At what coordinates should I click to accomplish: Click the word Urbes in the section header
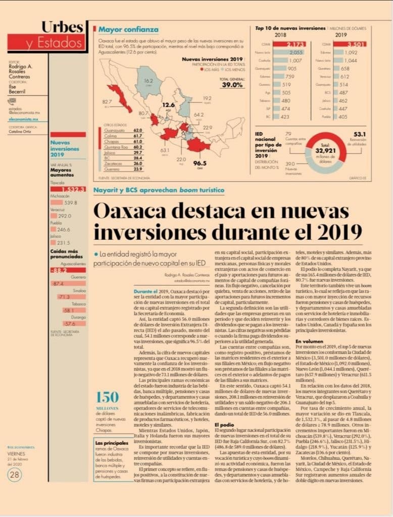tap(62, 27)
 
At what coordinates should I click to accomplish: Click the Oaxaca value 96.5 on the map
tap(200, 163)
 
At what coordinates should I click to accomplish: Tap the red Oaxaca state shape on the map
tap(198, 145)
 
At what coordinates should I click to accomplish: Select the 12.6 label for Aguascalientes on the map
tap(168, 105)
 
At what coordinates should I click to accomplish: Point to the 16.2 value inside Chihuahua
tap(148, 81)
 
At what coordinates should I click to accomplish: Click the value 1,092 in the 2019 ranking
tap(351, 53)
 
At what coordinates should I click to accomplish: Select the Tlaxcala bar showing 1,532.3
tap(68, 189)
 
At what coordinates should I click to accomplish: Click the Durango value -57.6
tap(69, 324)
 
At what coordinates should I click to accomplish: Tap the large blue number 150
tap(108, 396)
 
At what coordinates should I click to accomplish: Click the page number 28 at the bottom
tap(15, 474)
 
